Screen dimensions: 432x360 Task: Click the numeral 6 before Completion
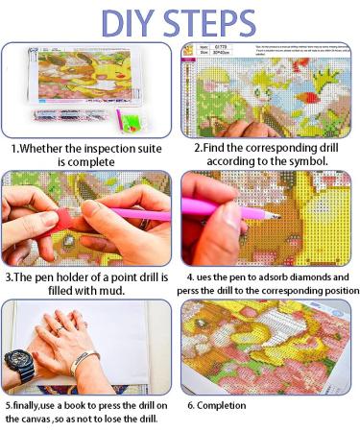(189, 405)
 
